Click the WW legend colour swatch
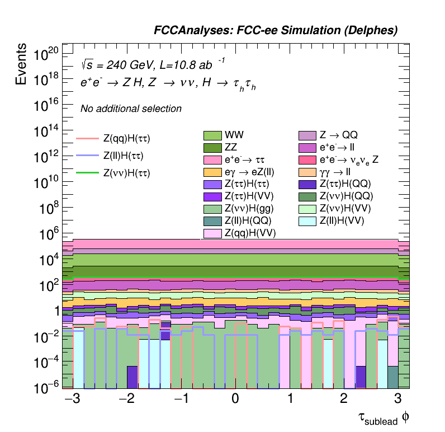(x=212, y=135)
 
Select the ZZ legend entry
(x=212, y=148)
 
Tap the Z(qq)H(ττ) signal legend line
(x=87, y=138)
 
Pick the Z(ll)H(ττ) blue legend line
(x=87, y=155)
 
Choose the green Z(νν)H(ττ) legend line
(x=87, y=173)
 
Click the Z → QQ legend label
(x=338, y=135)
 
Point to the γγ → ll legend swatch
(x=307, y=172)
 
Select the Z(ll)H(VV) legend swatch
(x=307, y=221)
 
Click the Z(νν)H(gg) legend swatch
(x=212, y=209)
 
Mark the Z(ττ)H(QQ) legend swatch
(x=307, y=184)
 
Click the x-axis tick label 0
(x=235, y=400)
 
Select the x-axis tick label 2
(x=344, y=400)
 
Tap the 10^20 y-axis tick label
(x=46, y=54)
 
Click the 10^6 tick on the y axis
(x=47, y=234)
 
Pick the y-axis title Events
(x=21, y=64)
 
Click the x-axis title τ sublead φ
(x=386, y=419)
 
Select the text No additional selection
(x=131, y=109)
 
